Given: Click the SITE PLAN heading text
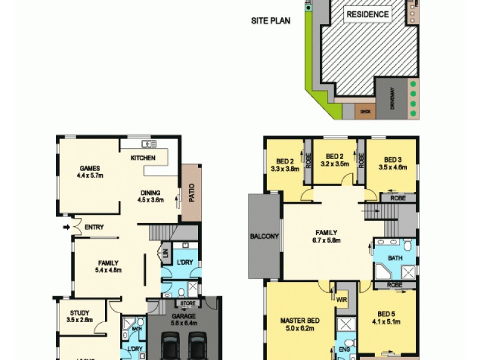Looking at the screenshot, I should pos(271,21).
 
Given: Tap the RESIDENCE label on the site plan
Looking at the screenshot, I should pos(367,14).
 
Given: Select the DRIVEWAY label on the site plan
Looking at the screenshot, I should pos(392,98).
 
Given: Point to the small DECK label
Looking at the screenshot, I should pos(364,111).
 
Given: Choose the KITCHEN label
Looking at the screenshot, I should pos(143,158).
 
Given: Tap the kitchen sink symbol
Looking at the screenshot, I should pos(148,144).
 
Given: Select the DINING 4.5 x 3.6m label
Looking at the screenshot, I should pos(150,196).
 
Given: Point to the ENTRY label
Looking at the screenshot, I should pos(94,227).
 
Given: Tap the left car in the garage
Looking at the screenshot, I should pos(170,349).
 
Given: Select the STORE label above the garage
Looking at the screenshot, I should pos(187,303).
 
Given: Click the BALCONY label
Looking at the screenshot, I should pos(264,236).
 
